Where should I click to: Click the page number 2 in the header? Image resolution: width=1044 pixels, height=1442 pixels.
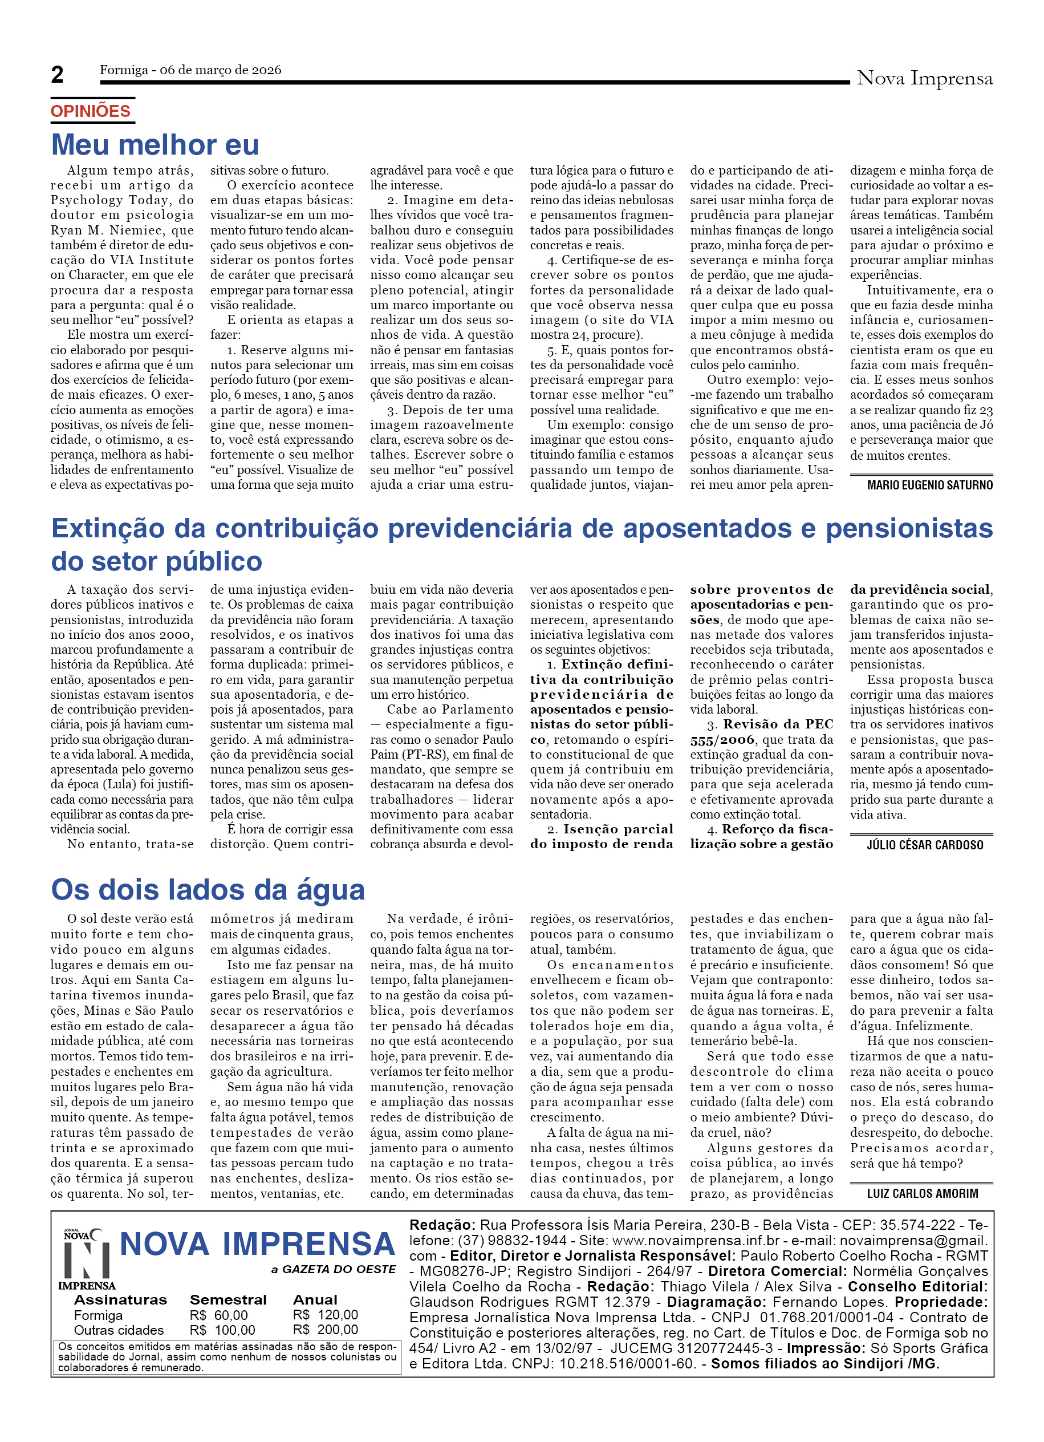pos(57,75)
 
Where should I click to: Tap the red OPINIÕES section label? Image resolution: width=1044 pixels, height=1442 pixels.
pos(90,111)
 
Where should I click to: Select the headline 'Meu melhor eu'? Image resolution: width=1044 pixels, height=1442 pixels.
pos(155,145)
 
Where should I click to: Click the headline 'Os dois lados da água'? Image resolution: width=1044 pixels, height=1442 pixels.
pos(208,889)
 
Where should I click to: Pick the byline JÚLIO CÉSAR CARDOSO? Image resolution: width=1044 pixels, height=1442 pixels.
pos(924,845)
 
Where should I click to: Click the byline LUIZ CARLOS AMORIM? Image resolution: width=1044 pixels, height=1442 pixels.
pos(922,1193)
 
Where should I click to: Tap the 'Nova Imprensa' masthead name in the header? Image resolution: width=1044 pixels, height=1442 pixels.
pos(924,78)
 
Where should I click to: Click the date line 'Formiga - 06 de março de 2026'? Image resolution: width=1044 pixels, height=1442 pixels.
pos(190,70)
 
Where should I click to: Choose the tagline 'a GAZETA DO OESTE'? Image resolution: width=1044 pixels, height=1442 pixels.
pos(333,1269)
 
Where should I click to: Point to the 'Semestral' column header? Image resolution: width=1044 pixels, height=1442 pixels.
pos(228,1299)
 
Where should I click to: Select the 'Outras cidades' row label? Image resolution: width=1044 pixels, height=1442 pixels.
pos(118,1330)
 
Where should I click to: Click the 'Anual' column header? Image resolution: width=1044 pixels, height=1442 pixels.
pos(315,1299)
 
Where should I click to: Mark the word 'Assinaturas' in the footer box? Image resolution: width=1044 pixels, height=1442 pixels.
pos(120,1299)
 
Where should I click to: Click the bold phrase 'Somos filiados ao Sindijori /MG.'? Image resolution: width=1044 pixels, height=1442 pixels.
pos(825,1363)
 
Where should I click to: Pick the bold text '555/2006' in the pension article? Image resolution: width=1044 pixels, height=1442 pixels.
pos(722,739)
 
